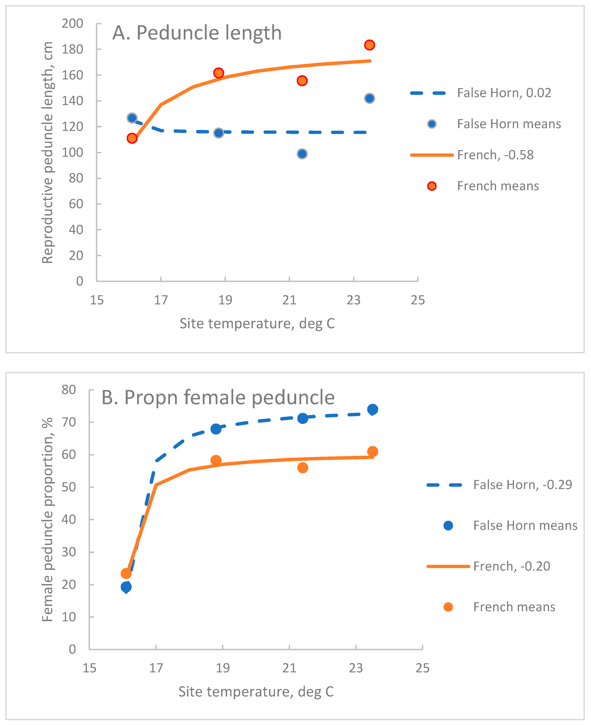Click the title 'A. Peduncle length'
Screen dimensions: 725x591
197,33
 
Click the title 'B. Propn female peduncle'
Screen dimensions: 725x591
218,398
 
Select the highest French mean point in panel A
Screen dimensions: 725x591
369,45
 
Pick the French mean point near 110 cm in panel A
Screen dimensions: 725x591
132,138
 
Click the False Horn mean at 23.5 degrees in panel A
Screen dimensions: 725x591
369,99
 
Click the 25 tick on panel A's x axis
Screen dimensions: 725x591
418,300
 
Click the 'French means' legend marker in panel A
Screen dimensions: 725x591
432,186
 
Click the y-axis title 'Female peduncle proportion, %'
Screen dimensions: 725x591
48,520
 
